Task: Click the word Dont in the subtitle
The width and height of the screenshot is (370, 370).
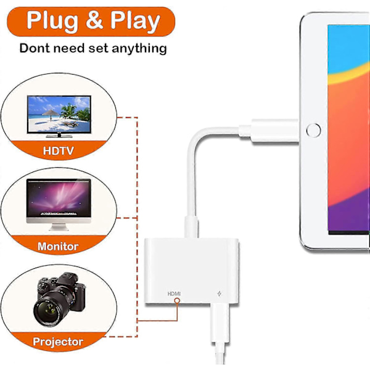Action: tap(38, 48)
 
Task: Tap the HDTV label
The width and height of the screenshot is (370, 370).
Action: tap(60, 150)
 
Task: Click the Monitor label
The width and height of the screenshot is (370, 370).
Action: tap(59, 246)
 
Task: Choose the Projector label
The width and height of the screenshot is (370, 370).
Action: tap(58, 341)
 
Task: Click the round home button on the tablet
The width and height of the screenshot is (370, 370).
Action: tap(314, 131)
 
